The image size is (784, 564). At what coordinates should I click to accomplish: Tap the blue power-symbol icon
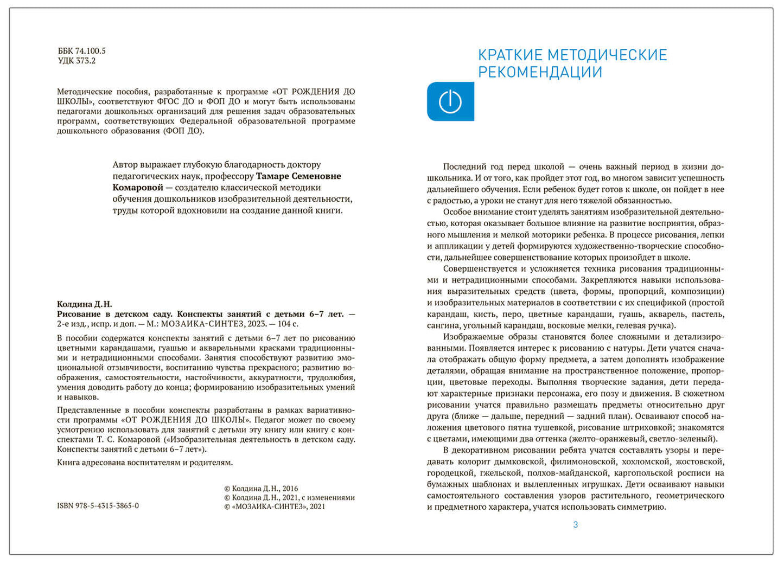[450, 101]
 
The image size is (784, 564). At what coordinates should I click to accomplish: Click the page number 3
[576, 524]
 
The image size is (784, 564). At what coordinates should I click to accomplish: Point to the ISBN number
[98, 505]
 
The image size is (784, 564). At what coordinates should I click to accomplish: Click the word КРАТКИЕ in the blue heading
[510, 55]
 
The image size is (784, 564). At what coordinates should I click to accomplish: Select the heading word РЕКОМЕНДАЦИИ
[540, 72]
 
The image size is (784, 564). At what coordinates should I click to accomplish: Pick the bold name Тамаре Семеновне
[298, 176]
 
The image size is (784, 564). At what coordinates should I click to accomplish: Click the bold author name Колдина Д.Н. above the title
[85, 304]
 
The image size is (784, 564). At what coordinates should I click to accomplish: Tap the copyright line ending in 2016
[261, 489]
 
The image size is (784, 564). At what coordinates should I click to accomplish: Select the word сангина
[442, 325]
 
